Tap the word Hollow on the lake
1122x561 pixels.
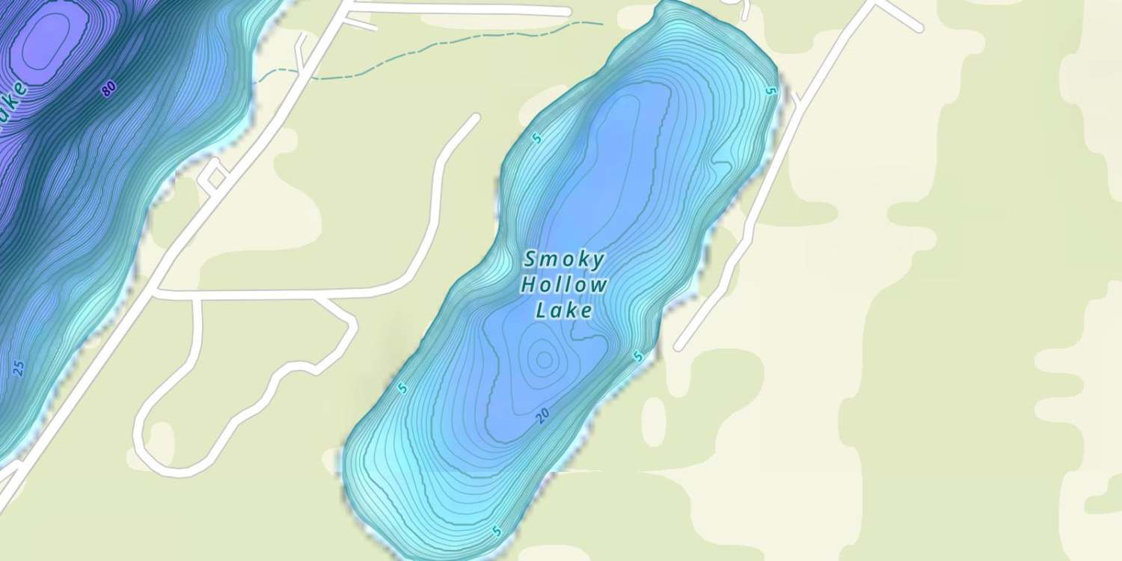(564, 285)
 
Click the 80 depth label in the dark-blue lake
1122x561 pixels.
(109, 89)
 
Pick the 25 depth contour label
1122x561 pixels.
(19, 368)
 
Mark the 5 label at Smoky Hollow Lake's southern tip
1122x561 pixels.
(496, 532)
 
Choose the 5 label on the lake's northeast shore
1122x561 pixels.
(771, 91)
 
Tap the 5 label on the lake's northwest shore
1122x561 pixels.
(536, 138)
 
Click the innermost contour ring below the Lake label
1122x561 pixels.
(544, 360)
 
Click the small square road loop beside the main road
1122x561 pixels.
(215, 177)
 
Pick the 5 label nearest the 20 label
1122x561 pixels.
(637, 358)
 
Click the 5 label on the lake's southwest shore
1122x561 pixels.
(402, 387)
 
